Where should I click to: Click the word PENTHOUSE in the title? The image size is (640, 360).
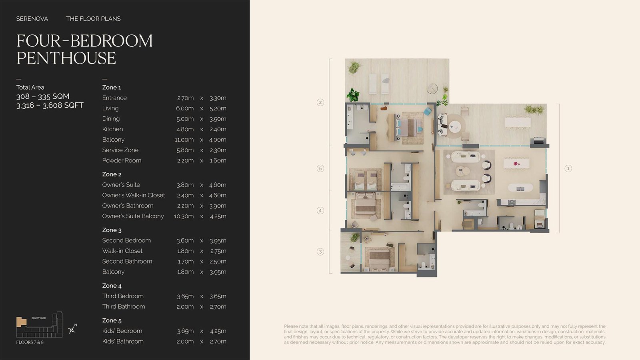pos(66,58)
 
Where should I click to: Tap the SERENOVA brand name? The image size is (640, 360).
pos(32,19)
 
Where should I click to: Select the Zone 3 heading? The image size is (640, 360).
pos(112,230)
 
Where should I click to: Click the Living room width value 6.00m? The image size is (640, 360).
pos(184,108)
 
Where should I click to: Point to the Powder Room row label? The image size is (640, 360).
pos(122,160)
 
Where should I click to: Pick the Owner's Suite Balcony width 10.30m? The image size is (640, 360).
pos(184,216)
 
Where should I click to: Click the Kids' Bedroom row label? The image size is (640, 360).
pos(122,331)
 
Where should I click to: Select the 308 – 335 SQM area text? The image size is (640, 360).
pos(43,96)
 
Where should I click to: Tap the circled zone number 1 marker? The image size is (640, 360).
pos(568,168)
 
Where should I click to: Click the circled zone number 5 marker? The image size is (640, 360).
pos(320,168)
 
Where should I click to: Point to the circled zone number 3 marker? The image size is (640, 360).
pos(320,252)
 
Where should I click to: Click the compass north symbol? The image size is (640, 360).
pos(72,330)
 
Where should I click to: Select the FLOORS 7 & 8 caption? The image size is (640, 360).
pos(30,342)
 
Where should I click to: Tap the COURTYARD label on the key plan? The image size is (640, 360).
pos(38,318)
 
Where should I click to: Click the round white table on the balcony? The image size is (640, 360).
pos(454,126)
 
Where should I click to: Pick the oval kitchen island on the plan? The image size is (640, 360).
pos(520,188)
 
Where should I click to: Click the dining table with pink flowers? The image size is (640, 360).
pos(516,164)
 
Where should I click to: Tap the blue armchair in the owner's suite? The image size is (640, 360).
pos(428,111)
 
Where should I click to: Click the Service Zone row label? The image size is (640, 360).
pos(120,150)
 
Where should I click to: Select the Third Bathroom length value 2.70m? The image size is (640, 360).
pos(218,306)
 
